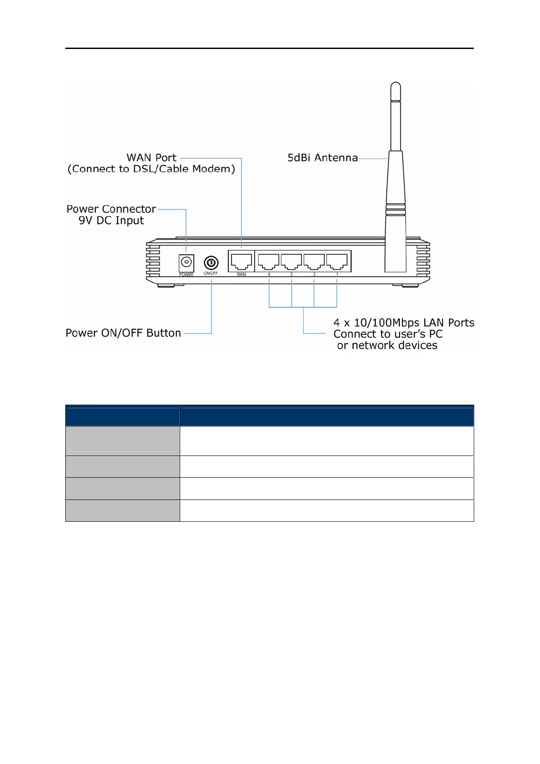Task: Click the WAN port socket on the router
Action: point(241,261)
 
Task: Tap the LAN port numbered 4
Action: point(269,261)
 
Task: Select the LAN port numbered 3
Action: point(291,261)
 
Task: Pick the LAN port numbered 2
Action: point(314,261)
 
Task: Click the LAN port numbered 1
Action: point(337,261)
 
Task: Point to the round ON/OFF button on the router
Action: point(211,263)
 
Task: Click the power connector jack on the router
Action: point(186,263)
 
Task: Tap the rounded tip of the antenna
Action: point(396,88)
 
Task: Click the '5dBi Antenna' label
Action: point(323,158)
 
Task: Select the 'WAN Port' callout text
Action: point(151,157)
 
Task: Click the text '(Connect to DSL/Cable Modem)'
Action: point(151,169)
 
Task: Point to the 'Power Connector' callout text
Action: point(111,209)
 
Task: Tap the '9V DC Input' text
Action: point(111,220)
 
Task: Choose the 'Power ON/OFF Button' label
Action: point(123,333)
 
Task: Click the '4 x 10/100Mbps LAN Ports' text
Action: point(404,323)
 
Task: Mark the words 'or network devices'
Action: point(387,346)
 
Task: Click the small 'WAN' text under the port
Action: point(241,274)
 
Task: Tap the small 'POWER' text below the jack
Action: point(186,275)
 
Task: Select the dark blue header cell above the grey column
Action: point(123,416)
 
